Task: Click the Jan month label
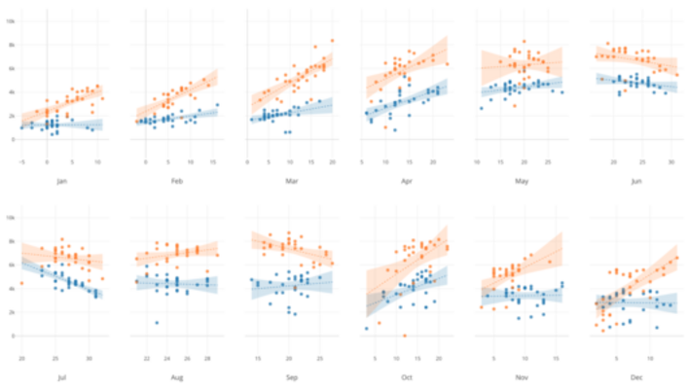click(61, 182)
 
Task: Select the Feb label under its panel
click(176, 182)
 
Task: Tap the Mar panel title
click(291, 182)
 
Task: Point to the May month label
click(522, 182)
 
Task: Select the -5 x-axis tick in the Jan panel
click(20, 162)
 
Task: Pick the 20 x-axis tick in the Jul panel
click(20, 359)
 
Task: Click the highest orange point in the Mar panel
click(332, 41)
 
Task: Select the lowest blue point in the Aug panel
click(157, 323)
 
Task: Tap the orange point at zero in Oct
click(404, 336)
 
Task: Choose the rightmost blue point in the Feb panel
click(217, 105)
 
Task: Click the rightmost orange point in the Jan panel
click(102, 98)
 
